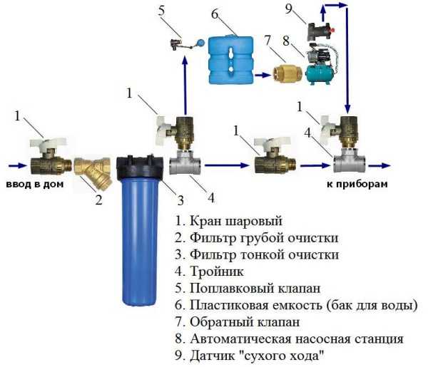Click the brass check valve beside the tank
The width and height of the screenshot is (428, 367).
[287, 72]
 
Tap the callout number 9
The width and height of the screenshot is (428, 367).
[288, 9]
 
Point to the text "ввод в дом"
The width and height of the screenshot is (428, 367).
[34, 184]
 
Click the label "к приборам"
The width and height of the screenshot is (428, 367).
[362, 184]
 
